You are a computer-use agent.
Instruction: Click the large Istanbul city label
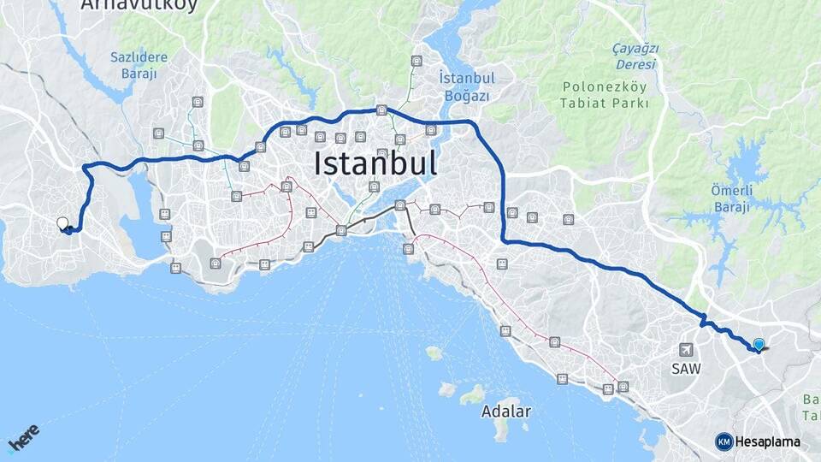(x=375, y=163)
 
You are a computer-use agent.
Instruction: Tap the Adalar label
(x=505, y=411)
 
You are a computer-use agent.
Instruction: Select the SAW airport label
(x=686, y=369)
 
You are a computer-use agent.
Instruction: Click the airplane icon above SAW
(x=686, y=350)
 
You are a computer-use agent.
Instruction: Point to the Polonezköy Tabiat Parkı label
(x=605, y=94)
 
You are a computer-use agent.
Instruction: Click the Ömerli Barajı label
(x=731, y=198)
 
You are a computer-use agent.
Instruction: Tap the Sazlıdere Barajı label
(x=139, y=65)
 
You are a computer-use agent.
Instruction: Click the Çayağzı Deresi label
(x=635, y=56)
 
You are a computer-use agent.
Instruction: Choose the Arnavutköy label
(x=139, y=5)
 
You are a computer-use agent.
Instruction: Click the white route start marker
(x=62, y=223)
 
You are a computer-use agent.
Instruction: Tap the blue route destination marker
(x=759, y=344)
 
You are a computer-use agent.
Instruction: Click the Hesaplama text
(x=767, y=441)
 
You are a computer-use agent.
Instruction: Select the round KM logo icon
(x=724, y=441)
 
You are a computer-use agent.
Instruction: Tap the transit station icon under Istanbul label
(x=373, y=187)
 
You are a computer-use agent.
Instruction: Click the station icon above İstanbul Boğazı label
(x=416, y=61)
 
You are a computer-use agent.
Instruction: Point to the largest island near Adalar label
(x=472, y=394)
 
